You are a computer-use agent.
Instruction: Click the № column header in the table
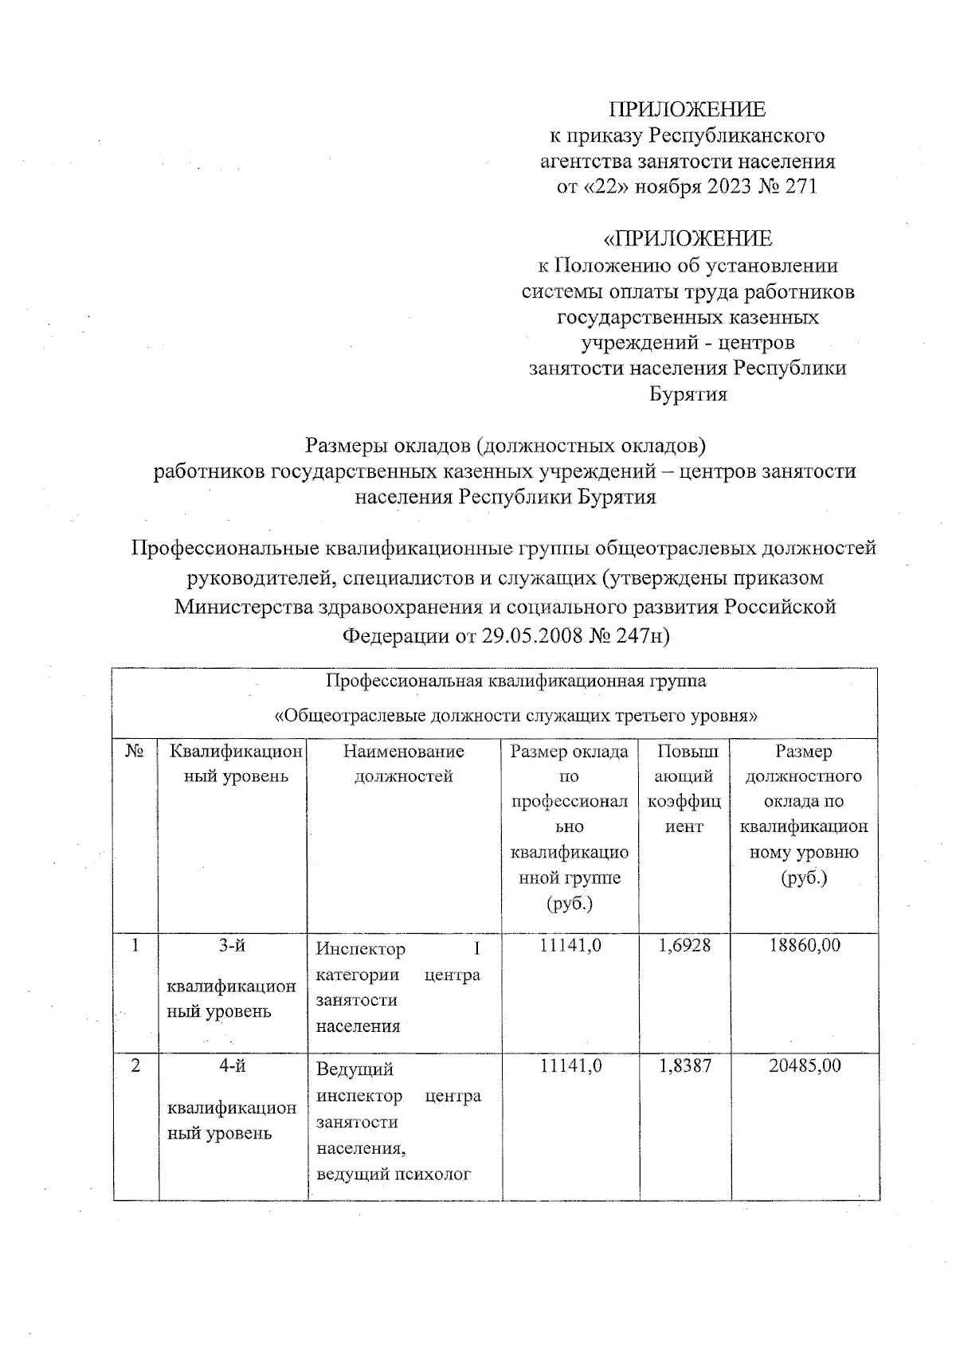pos(135,752)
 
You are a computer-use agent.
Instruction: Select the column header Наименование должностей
pos(403,764)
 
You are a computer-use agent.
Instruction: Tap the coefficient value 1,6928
pos(684,945)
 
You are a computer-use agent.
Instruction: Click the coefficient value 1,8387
pos(684,1066)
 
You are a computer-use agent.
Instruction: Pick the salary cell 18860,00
pos(805,945)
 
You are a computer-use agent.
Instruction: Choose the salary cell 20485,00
pos(805,1066)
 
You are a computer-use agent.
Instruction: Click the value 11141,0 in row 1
pos(570,945)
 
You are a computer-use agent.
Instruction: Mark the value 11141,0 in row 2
pos(570,1066)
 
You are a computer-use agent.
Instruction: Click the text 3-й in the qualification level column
pos(232,945)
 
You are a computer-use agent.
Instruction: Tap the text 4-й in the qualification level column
pos(232,1066)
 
